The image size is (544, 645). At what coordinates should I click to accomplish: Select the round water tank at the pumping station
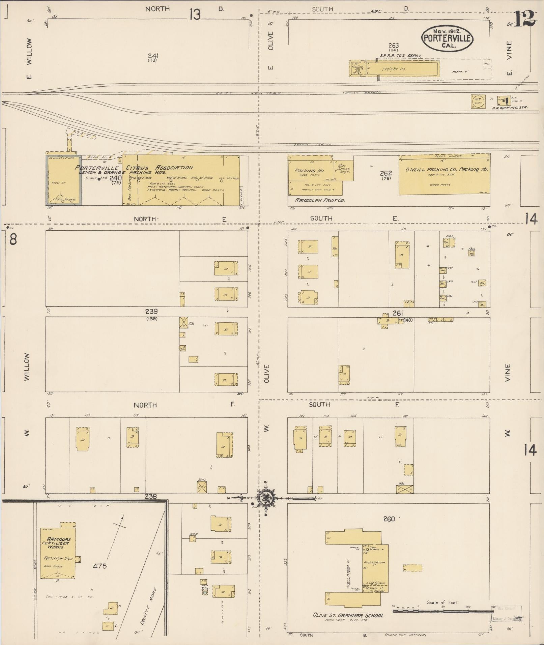[478, 101]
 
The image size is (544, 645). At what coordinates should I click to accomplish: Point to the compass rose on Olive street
[264, 498]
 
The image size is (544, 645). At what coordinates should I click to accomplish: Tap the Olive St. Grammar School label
[348, 615]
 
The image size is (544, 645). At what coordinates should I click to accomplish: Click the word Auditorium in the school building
[374, 563]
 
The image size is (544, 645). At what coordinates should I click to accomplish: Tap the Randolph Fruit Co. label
[319, 200]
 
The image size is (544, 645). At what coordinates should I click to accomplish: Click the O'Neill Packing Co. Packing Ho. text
[447, 170]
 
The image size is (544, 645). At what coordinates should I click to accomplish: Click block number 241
[153, 56]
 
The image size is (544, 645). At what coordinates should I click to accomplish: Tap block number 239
[151, 312]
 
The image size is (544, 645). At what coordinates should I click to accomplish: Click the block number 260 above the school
[389, 519]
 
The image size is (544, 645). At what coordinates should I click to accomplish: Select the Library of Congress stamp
[504, 618]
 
